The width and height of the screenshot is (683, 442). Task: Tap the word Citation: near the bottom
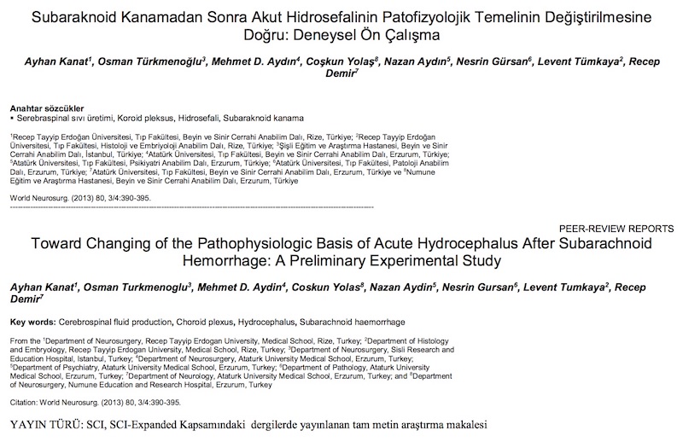(26, 402)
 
